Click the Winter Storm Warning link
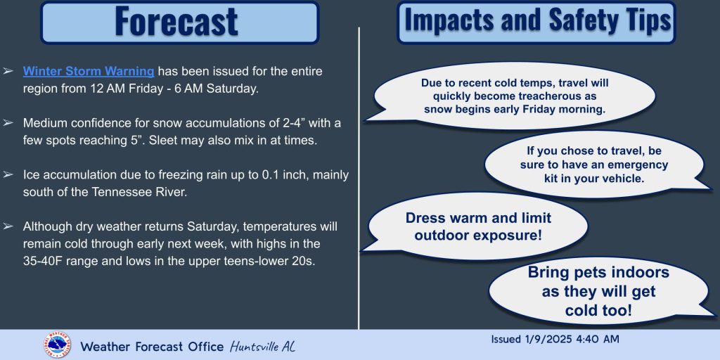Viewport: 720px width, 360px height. pyautogui.click(x=89, y=72)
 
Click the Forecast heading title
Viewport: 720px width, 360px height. pyautogui.click(x=176, y=21)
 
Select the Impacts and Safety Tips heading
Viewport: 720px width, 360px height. pyautogui.click(x=536, y=20)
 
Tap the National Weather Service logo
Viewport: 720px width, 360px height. pyautogui.click(x=58, y=345)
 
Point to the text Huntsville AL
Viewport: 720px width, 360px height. pyautogui.click(x=263, y=346)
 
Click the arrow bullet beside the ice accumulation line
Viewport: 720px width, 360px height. pyautogui.click(x=8, y=174)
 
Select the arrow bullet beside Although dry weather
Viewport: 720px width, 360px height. pyautogui.click(x=8, y=226)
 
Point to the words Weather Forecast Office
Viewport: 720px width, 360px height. pyautogui.click(x=152, y=346)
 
